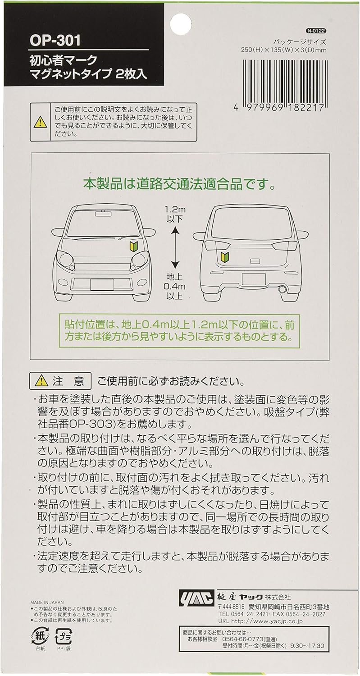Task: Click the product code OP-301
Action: [55, 41]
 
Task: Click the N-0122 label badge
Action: [315, 31]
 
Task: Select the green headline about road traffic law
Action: [179, 184]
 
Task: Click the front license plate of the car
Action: [102, 284]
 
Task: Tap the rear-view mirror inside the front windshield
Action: [102, 214]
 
